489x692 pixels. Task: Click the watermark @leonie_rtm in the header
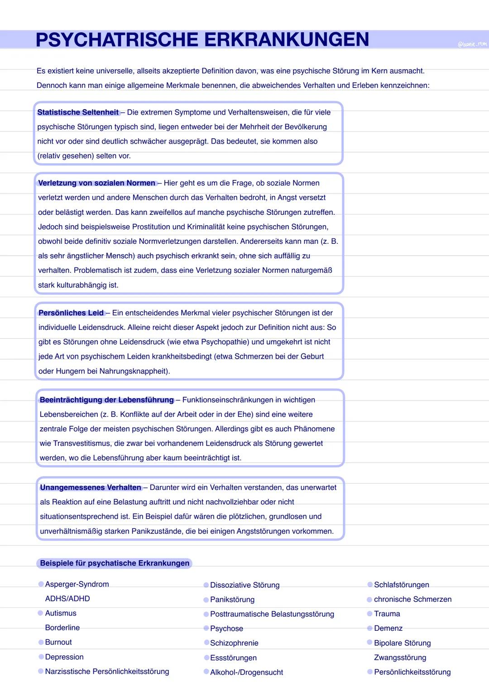[x=472, y=44]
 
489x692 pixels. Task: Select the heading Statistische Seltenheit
[x=78, y=112]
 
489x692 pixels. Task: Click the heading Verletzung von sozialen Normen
[x=97, y=183]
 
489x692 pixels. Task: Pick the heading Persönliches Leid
[x=71, y=313]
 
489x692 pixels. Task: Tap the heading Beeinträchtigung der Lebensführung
[x=107, y=400]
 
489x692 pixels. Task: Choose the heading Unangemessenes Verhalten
[x=91, y=488]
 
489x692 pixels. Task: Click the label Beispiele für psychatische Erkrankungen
[x=115, y=563]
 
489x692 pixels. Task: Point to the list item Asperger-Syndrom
[x=77, y=585]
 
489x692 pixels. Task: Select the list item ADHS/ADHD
[x=67, y=599]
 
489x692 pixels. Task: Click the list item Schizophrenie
[x=234, y=644]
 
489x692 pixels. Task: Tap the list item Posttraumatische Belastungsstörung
[x=272, y=615]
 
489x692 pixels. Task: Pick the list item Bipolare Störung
[x=402, y=644]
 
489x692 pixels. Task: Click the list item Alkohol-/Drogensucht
[x=246, y=673]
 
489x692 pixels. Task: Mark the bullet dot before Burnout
[x=41, y=643]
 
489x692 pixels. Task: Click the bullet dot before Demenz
[x=370, y=629]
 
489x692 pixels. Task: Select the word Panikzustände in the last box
[x=157, y=532]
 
